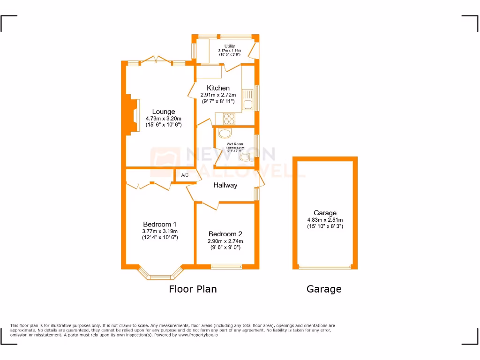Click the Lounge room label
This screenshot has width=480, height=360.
(x=164, y=112)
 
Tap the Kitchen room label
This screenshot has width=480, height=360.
(x=218, y=88)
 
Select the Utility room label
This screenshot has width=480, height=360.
(x=229, y=46)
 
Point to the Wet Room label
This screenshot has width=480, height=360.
(x=235, y=144)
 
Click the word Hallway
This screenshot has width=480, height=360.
(x=225, y=185)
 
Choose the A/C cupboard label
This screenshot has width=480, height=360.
(x=185, y=175)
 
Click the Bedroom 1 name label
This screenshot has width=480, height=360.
(x=160, y=224)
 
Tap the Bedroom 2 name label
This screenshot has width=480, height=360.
(x=225, y=234)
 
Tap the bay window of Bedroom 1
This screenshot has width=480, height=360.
(x=160, y=276)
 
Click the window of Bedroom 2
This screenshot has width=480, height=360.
(x=226, y=267)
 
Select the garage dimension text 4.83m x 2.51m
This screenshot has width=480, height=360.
(x=325, y=220)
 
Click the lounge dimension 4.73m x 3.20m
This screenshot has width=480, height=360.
(x=164, y=119)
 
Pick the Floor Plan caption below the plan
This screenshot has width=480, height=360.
(x=193, y=289)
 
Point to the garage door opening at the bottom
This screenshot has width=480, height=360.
(x=325, y=268)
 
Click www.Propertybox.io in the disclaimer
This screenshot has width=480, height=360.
(x=198, y=335)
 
